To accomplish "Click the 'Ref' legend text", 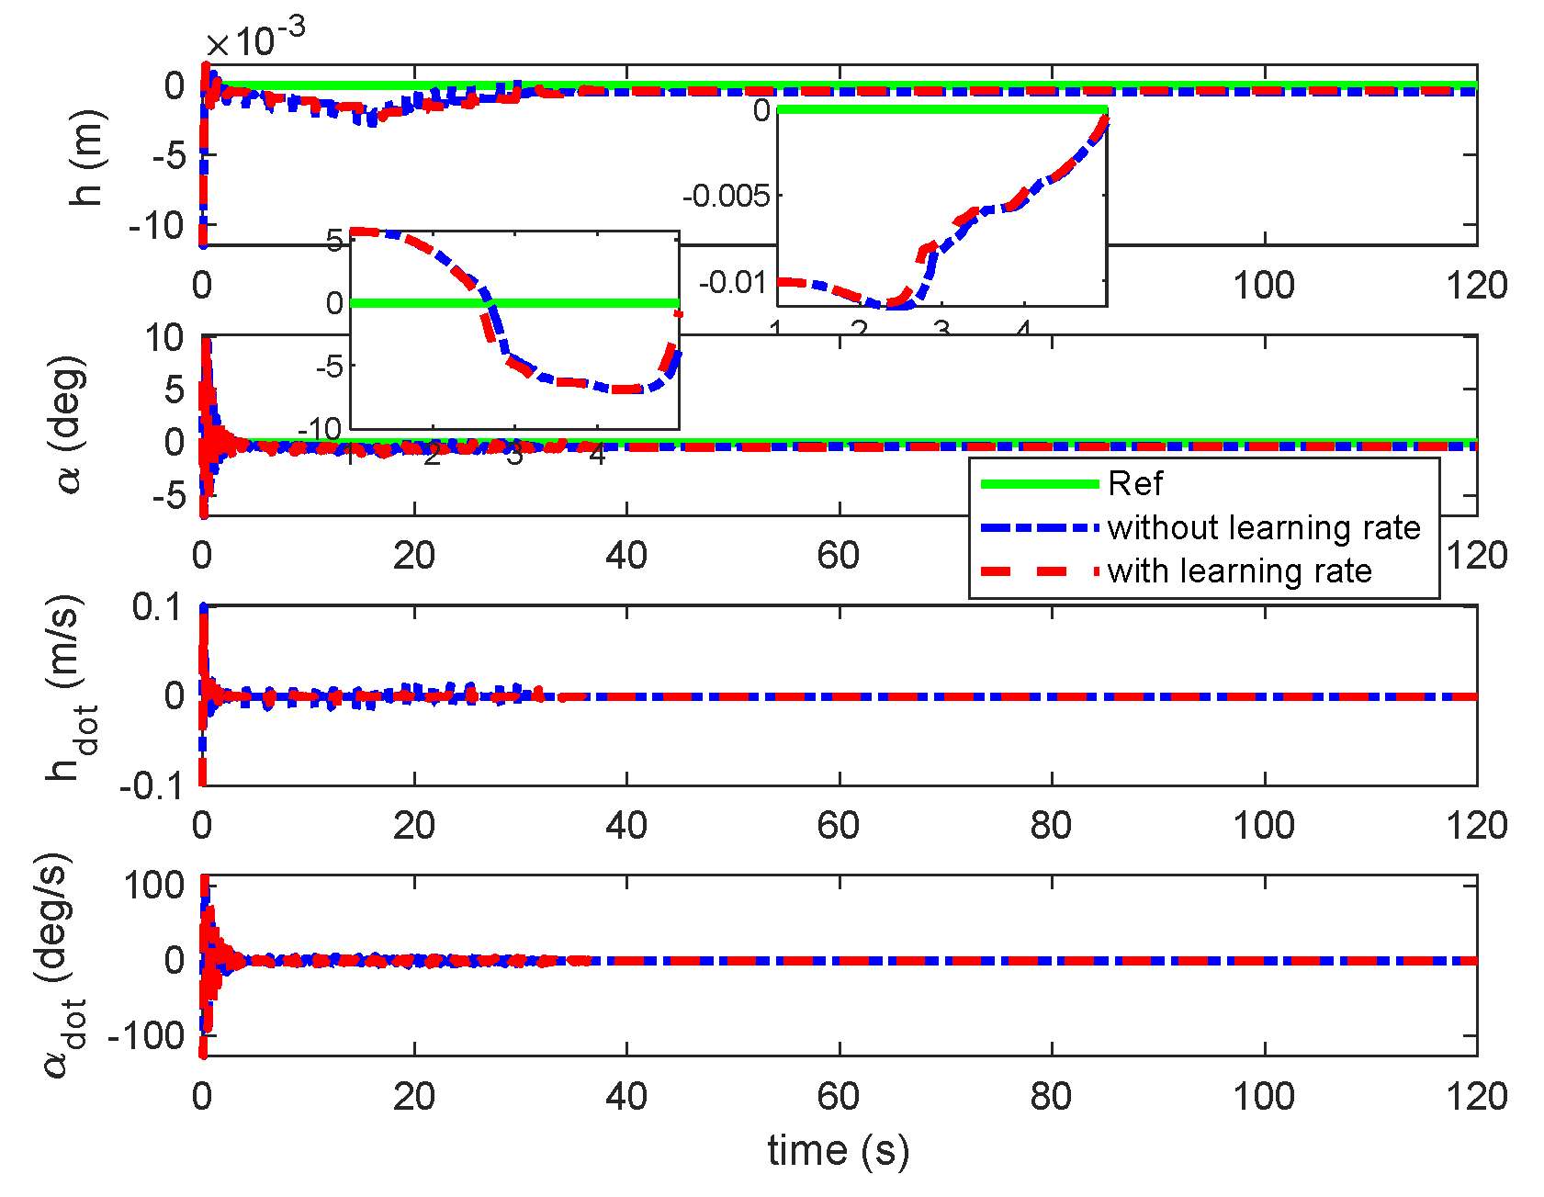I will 1135,484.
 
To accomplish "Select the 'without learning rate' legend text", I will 1264,528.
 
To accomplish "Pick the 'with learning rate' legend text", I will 1239,571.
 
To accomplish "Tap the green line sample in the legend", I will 1040,484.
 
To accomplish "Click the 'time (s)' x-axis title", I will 838,1151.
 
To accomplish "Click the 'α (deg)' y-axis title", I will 70,424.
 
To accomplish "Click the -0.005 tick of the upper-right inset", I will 726,196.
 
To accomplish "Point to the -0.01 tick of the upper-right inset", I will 733,282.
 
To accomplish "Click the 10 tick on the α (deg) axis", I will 165,338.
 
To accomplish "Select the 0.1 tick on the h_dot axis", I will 158,607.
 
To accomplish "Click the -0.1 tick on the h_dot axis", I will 151,786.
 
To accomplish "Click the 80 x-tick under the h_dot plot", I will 1051,826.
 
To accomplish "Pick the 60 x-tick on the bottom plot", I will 838,1096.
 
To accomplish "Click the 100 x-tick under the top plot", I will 1264,286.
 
